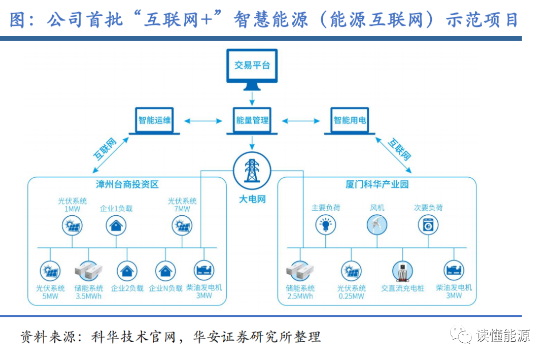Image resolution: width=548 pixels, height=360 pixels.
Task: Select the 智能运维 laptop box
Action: (x=154, y=121)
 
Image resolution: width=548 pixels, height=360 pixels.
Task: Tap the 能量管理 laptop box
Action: (x=252, y=121)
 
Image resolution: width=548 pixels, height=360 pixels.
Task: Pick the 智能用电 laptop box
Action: (x=350, y=121)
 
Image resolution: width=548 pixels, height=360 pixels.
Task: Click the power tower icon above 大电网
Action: (x=252, y=171)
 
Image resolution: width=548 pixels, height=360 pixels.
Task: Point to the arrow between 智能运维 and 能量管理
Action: (x=203, y=121)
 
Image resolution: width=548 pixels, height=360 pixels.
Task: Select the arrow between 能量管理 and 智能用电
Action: (x=300, y=121)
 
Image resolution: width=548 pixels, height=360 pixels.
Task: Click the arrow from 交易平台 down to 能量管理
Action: (x=252, y=98)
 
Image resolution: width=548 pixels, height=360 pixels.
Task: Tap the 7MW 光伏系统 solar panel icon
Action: (x=182, y=225)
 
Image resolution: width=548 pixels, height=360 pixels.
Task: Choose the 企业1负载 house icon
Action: (x=116, y=225)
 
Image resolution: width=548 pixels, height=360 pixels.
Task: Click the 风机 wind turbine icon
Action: (x=376, y=224)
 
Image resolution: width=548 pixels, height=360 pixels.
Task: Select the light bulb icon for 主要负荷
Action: (x=325, y=224)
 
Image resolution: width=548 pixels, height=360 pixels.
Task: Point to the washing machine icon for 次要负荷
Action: (x=428, y=224)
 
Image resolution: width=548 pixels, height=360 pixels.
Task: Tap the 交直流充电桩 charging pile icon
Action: (x=402, y=271)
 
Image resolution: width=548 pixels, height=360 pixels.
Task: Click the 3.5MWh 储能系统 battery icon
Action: (x=88, y=271)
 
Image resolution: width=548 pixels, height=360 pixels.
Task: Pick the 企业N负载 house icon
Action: (x=165, y=271)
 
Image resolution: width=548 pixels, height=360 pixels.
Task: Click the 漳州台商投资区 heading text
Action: (x=127, y=184)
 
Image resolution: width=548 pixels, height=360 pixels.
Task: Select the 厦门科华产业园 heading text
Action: (x=376, y=184)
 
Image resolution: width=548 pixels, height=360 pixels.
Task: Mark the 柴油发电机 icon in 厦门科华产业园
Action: (x=454, y=270)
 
